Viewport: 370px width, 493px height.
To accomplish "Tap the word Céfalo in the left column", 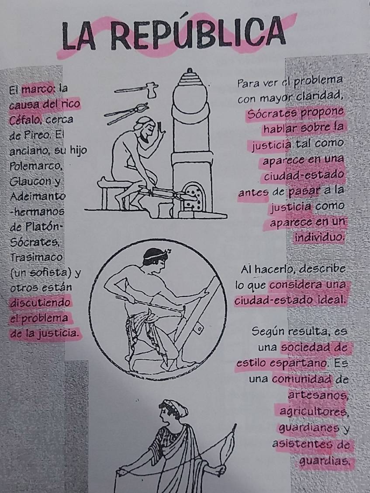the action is click(x=23, y=120).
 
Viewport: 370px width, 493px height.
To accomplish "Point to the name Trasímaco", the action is click(x=36, y=257).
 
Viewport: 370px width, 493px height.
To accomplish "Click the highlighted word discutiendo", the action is click(x=40, y=302).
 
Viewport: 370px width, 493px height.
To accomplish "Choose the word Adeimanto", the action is click(x=38, y=197).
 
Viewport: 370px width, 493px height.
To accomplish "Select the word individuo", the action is click(x=319, y=237).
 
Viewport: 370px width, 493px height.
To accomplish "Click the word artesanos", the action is click(x=318, y=395).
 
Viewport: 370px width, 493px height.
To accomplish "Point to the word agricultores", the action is click(x=313, y=411).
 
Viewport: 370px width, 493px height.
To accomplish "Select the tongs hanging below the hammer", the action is click(x=126, y=113).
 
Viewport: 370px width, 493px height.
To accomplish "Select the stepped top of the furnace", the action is click(x=190, y=76).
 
